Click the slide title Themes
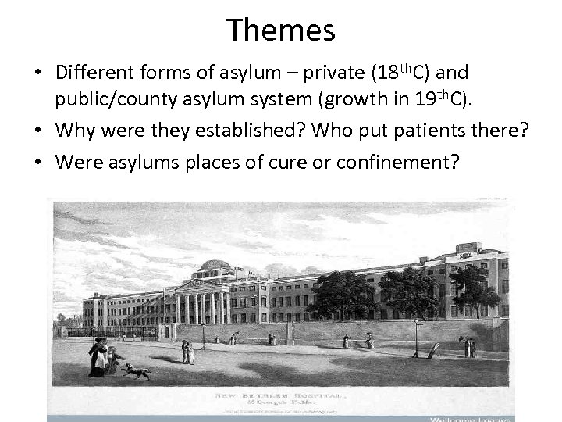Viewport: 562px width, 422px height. pos(281,30)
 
